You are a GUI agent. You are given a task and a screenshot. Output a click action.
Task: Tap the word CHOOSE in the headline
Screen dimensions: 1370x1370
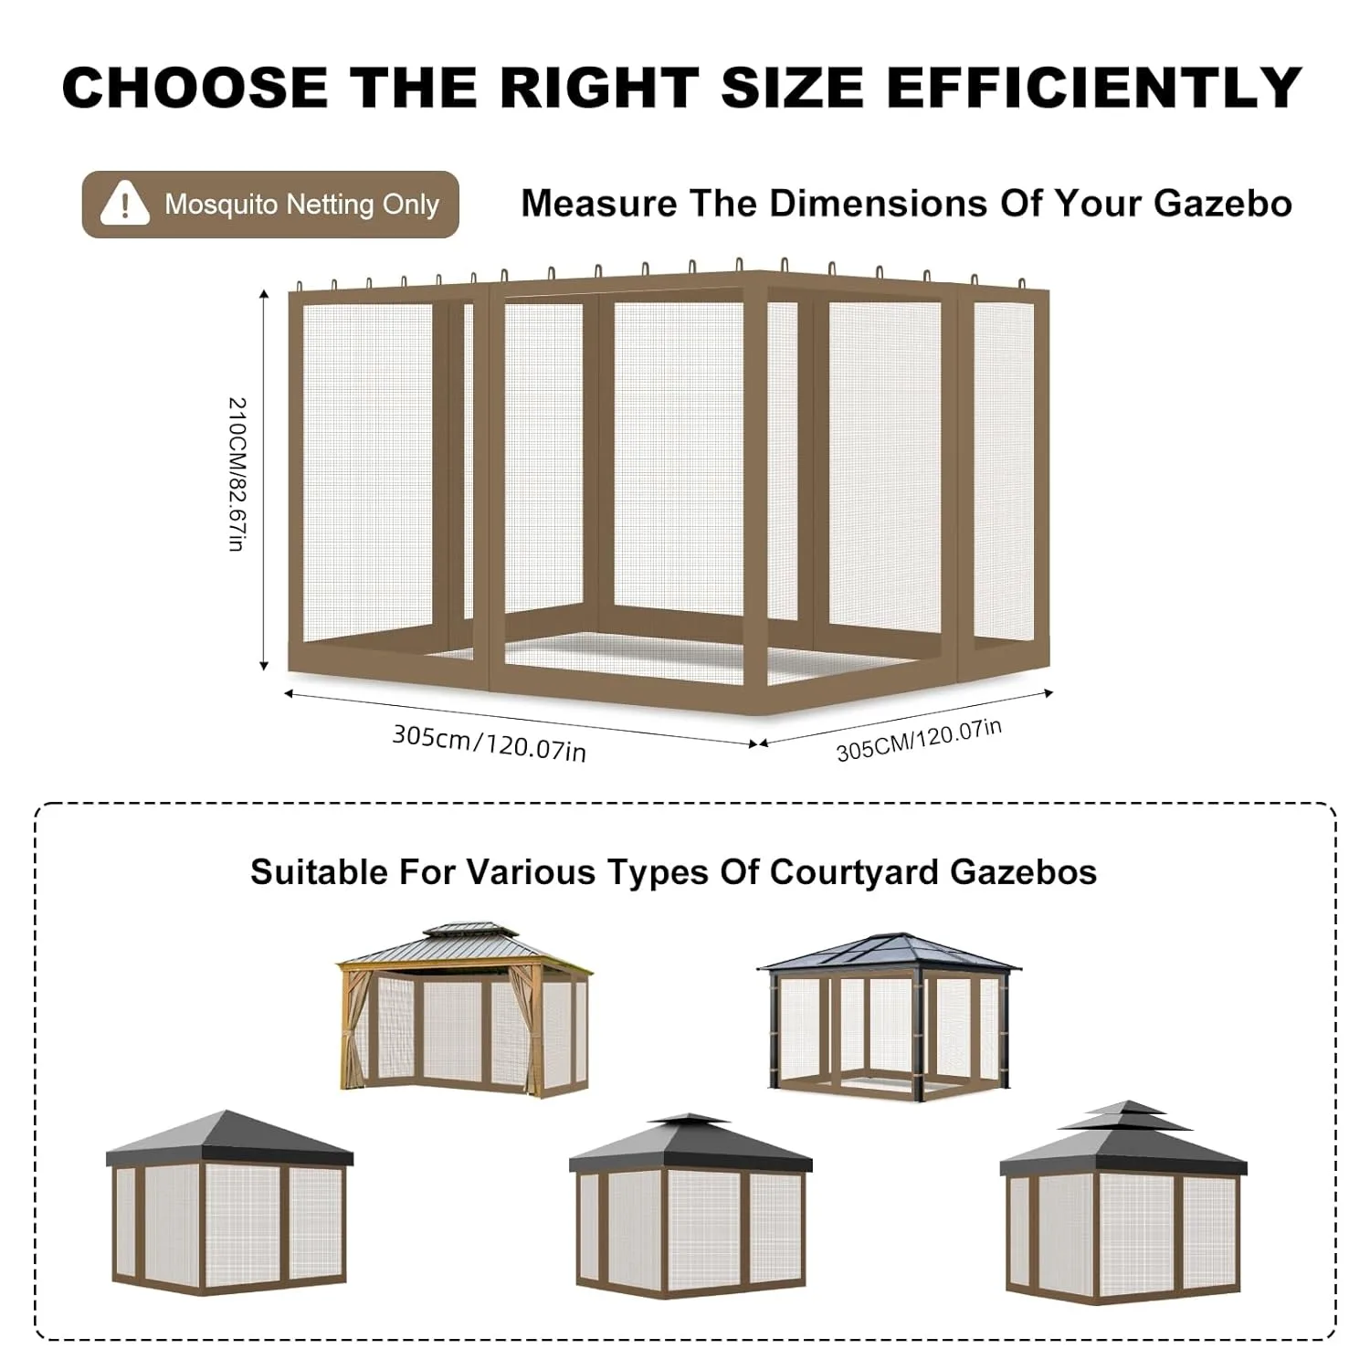pos(195,88)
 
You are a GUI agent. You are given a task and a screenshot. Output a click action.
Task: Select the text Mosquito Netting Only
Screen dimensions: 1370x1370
pos(301,204)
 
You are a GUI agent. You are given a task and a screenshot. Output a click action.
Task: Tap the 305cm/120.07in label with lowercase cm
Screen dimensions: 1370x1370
pos(489,743)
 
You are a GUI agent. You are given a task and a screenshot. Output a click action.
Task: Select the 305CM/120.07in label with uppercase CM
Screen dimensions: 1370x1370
pos(919,740)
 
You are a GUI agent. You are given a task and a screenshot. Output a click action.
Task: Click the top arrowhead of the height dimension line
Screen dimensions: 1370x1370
pos(264,295)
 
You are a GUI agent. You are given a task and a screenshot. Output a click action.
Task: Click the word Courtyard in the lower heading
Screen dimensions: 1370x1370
pos(853,872)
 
